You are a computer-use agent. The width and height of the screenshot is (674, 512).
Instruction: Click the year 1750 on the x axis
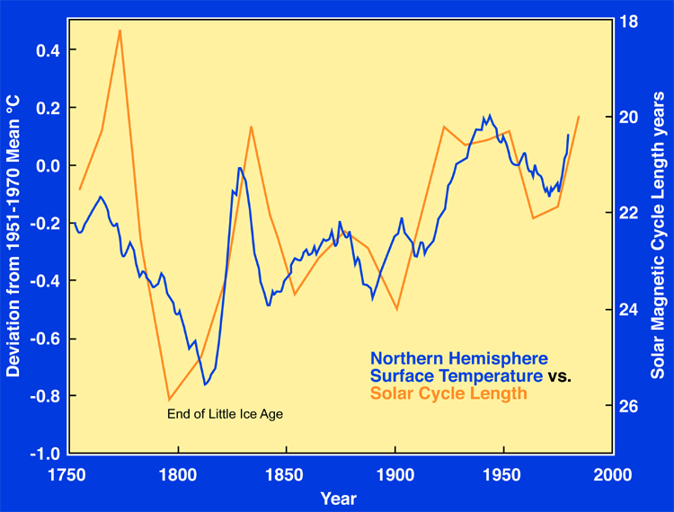[x=67, y=475]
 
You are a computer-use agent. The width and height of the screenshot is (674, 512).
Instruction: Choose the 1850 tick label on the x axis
[x=284, y=475]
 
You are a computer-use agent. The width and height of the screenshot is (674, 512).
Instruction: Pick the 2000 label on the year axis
[x=612, y=475]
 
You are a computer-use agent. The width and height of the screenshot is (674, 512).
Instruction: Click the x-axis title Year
[x=339, y=499]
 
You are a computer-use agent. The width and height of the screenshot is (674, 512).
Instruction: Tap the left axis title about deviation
[x=13, y=236]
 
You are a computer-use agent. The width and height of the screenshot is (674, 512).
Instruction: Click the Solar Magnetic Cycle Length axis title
[x=658, y=235]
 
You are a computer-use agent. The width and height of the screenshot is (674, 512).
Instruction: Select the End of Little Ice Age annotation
[x=226, y=414]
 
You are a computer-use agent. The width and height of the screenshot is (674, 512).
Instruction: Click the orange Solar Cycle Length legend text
[x=448, y=393]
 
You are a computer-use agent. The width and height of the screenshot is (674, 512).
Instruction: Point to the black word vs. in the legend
[x=560, y=376]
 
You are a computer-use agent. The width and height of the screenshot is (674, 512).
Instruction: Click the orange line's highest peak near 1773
[x=120, y=30]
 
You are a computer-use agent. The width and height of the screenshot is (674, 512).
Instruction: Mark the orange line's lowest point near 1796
[x=170, y=400]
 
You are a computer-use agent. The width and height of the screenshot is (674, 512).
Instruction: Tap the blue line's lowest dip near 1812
[x=205, y=384]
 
